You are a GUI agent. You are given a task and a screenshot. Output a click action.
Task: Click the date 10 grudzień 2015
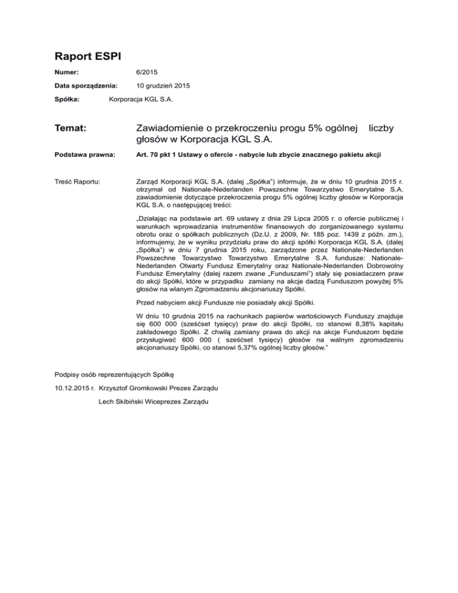coord(163,86)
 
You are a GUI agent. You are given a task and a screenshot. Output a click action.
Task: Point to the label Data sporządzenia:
coord(85,86)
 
